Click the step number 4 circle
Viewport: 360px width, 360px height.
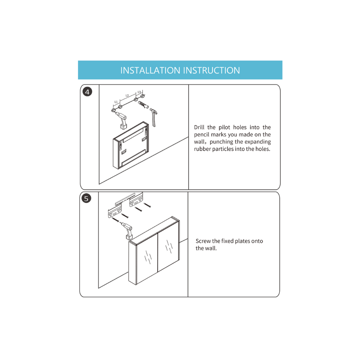tap(87, 92)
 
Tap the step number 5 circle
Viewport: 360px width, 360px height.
tap(86, 198)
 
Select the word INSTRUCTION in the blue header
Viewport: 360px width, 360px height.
tap(211, 70)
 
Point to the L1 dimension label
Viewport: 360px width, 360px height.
tap(116, 102)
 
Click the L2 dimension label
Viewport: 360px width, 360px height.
tap(127, 95)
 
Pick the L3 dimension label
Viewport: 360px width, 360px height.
tap(139, 92)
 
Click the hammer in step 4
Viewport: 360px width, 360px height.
tap(154, 117)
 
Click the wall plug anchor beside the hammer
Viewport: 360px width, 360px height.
tap(144, 105)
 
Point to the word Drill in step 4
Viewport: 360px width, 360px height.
tap(199, 127)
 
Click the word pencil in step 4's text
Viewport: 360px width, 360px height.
tap(202, 135)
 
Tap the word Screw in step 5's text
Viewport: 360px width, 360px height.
tap(203, 241)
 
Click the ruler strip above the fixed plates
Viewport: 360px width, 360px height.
tap(125, 199)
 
